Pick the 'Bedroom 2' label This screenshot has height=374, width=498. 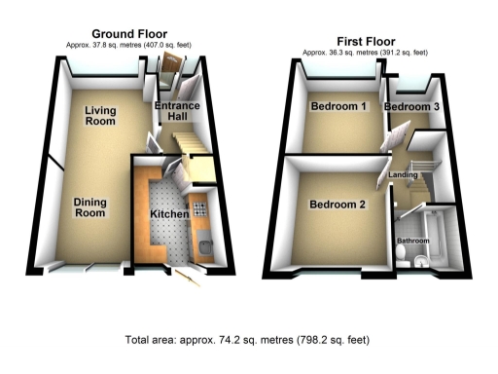tap(338, 205)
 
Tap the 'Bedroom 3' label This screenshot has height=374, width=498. tap(410, 106)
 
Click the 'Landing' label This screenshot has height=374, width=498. tap(403, 175)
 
